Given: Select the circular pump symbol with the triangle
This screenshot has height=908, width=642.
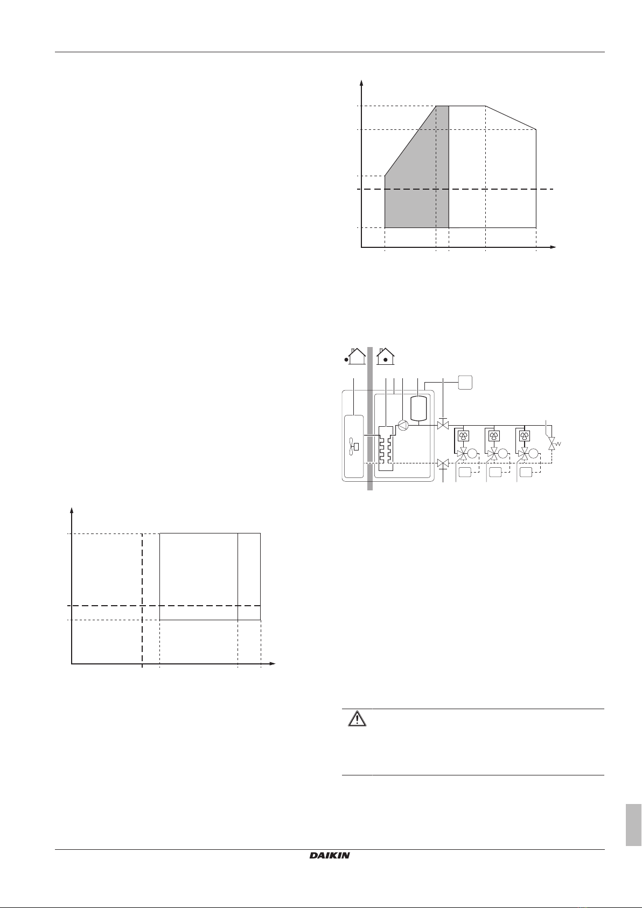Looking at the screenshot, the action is (x=403, y=425).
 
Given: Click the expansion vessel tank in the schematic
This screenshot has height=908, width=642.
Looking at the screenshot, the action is (x=418, y=408).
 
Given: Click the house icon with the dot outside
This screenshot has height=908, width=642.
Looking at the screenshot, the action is (x=356, y=356).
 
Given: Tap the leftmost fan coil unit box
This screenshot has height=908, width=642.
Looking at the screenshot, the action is (x=463, y=436).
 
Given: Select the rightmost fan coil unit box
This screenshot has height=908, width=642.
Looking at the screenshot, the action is (x=524, y=436).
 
